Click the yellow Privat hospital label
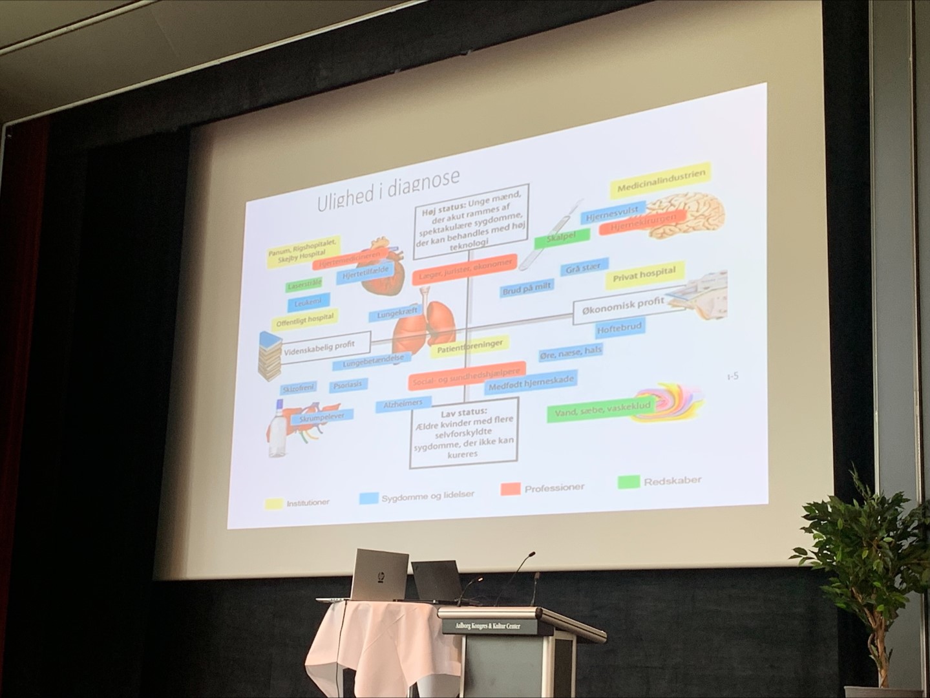pos(644,274)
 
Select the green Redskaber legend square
pos(629,482)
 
